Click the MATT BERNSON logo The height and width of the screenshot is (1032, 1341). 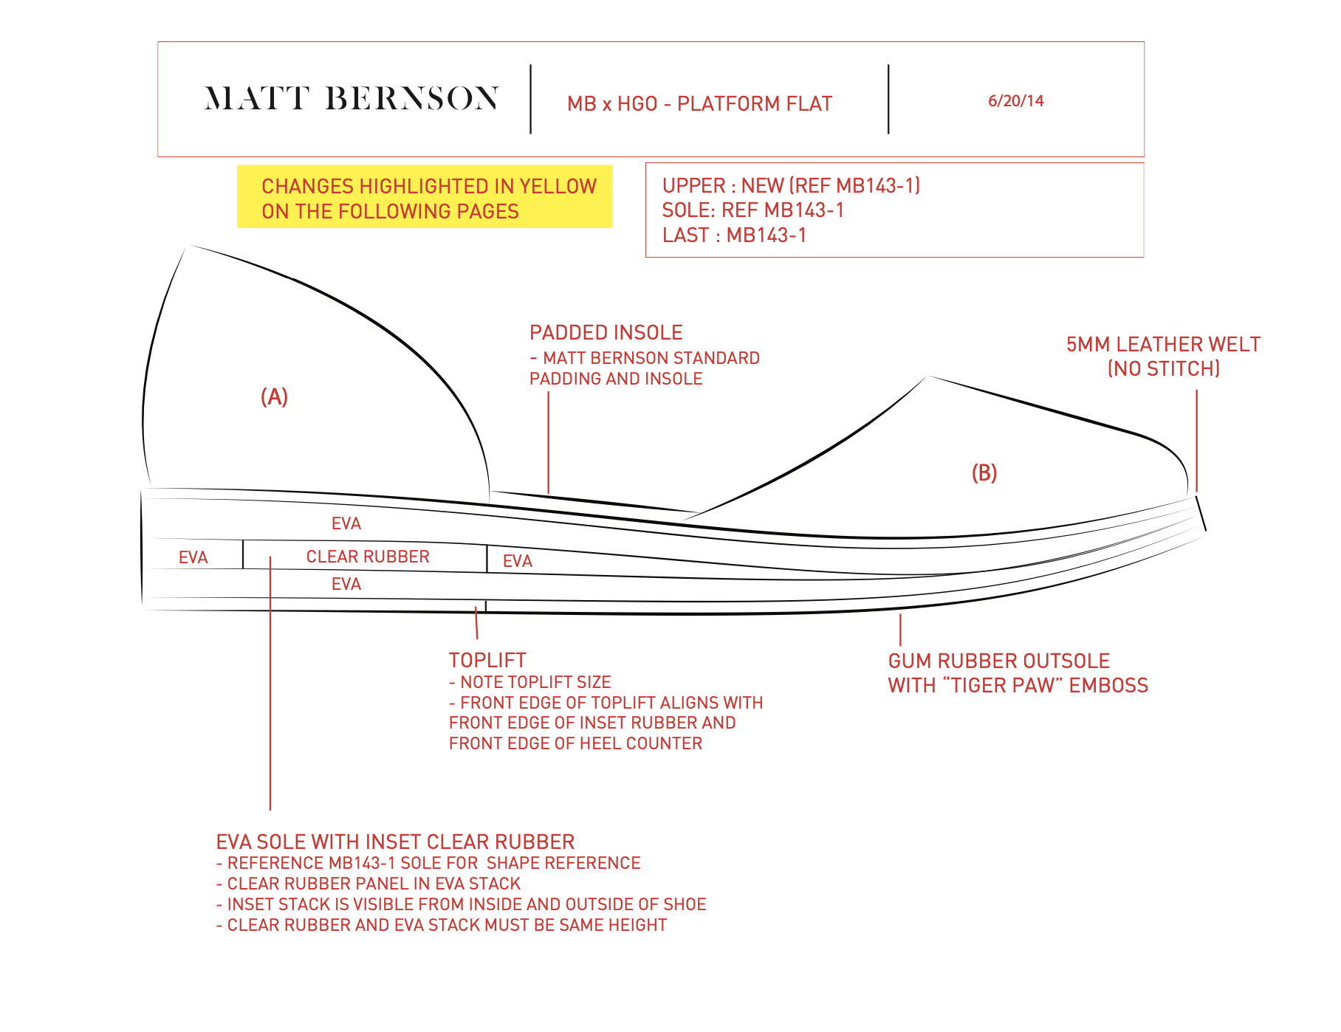click(x=351, y=98)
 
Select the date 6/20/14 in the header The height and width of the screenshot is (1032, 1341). click(x=1015, y=101)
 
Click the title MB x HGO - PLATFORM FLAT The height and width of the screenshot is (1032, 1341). click(x=699, y=104)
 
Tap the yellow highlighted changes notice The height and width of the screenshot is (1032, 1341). click(x=425, y=197)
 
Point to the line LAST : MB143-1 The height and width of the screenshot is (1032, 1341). click(x=734, y=235)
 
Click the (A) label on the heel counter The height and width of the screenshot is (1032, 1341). click(x=274, y=397)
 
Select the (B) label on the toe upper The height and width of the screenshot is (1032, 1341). click(x=984, y=473)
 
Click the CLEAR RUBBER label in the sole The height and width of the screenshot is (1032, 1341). click(x=368, y=557)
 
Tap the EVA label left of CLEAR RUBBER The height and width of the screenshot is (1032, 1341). click(x=193, y=558)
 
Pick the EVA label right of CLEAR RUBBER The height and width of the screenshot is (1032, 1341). click(x=517, y=562)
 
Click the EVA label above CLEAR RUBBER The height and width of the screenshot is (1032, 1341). click(x=346, y=524)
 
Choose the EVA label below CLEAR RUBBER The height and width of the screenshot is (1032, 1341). click(x=346, y=585)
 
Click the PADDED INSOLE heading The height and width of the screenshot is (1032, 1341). click(x=606, y=333)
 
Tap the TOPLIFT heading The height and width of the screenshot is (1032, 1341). click(x=487, y=661)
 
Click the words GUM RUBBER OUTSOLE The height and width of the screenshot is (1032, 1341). click(x=998, y=661)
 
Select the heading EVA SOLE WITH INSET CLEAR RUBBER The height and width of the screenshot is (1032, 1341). click(x=395, y=842)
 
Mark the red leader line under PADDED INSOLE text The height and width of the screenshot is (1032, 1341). click(x=548, y=443)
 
